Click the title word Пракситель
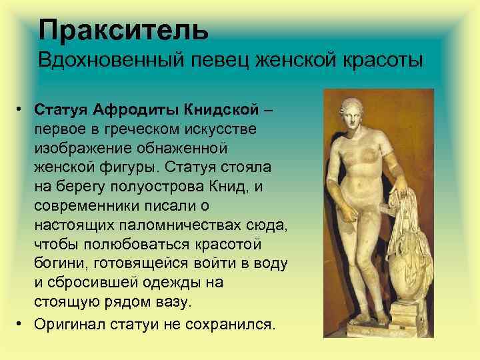coord(123,29)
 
